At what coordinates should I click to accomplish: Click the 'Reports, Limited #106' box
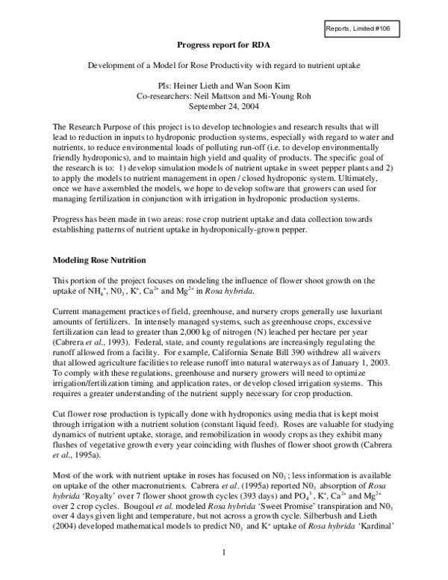362,29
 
